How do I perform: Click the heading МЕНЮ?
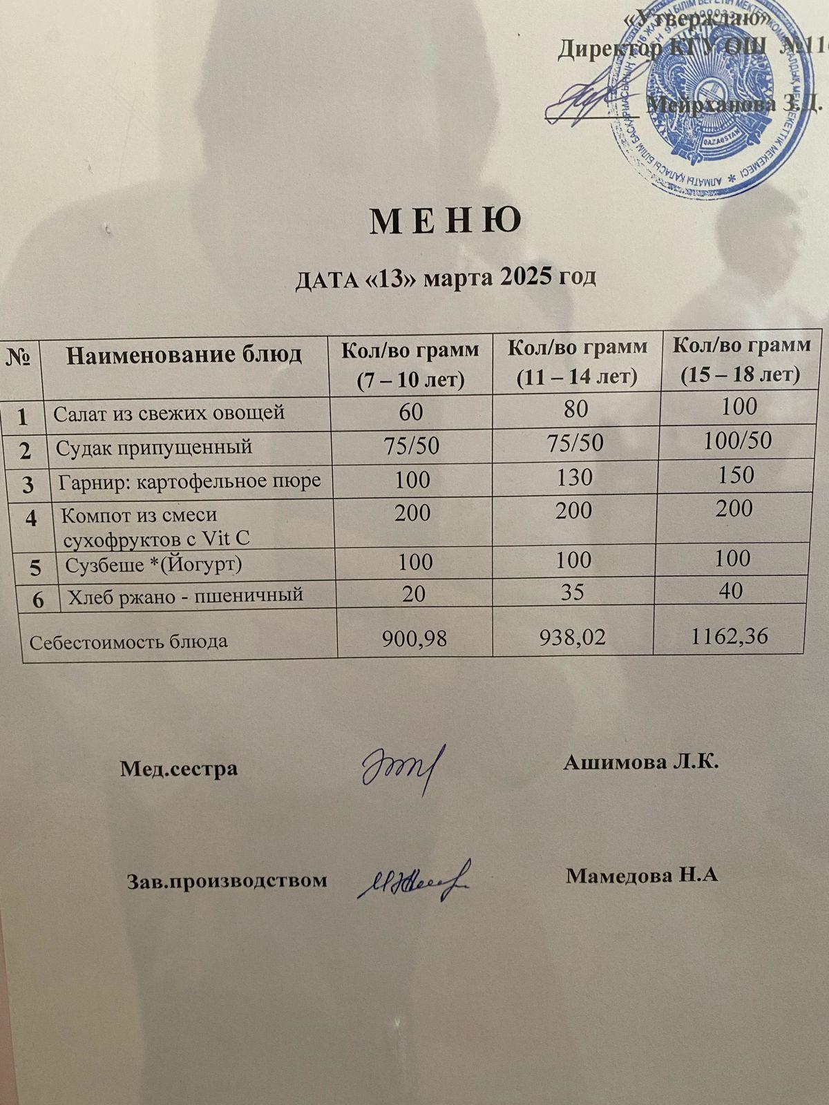[446, 222]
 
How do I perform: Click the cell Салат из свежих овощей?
[169, 414]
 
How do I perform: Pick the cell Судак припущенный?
[153, 448]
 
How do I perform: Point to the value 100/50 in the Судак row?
[737, 441]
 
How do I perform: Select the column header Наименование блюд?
[184, 355]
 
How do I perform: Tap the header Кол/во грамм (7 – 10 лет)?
[410, 364]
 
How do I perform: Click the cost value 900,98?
[414, 639]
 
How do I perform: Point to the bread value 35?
[573, 592]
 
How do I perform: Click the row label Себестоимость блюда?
[128, 642]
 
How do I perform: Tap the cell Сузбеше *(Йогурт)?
[153, 565]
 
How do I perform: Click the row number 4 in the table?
[31, 518]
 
